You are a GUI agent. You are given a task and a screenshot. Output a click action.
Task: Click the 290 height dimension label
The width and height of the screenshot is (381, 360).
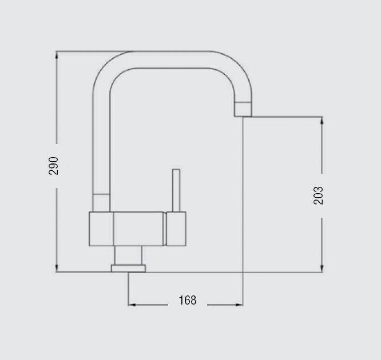point(53,166)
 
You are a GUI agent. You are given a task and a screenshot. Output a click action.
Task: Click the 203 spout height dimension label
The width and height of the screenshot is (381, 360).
point(319,195)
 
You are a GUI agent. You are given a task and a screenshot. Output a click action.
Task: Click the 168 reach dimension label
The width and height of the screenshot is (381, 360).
point(188,300)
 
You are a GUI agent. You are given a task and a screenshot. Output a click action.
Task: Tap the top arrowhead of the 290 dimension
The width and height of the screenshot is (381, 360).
point(57,55)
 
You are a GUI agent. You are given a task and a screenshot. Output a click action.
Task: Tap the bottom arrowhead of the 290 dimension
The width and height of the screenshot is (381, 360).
point(57,268)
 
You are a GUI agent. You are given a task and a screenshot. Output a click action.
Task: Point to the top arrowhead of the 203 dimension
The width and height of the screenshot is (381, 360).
point(322,121)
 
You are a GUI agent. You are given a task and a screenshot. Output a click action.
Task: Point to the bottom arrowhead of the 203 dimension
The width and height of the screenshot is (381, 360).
point(322,268)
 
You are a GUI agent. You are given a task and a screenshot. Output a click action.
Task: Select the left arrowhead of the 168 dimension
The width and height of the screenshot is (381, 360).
point(132,305)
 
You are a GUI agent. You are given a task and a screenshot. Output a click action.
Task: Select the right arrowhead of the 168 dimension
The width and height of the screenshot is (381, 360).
point(239,305)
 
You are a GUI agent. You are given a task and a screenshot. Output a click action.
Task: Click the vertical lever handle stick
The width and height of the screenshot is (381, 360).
point(176,190)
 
